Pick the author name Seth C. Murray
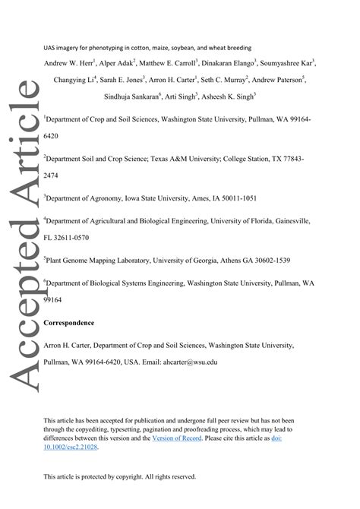[x=226, y=80]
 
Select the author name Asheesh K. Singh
[x=231, y=96]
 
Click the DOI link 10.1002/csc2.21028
[x=71, y=447]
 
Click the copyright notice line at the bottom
[x=120, y=477]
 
